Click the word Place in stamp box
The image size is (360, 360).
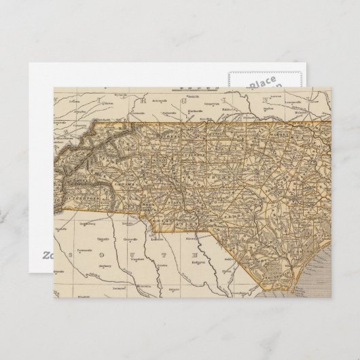[x=264, y=84]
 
